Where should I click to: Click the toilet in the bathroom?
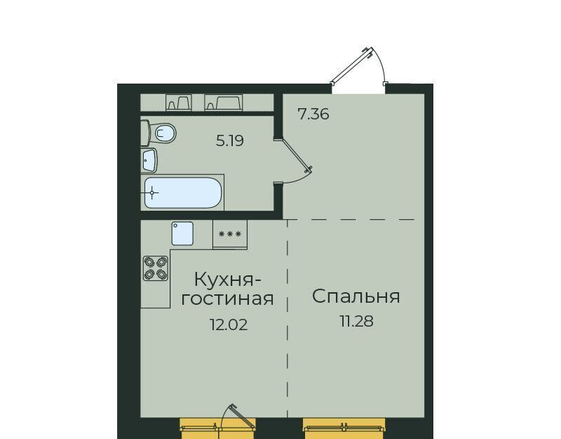tap(158, 133)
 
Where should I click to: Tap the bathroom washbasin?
tap(149, 160)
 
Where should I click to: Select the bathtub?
tap(182, 192)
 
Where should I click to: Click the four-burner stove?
tap(156, 268)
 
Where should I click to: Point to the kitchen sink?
tap(182, 233)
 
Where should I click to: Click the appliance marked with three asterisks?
tap(230, 234)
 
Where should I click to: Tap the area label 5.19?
tap(230, 141)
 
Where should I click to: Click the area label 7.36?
tap(313, 114)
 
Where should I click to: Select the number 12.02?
tap(229, 325)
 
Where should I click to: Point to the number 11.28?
tap(356, 322)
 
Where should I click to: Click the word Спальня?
tap(356, 296)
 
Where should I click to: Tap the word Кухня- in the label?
tap(227, 280)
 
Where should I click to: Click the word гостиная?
tap(227, 299)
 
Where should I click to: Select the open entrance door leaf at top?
tap(352, 65)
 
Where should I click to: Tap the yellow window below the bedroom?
tap(345, 428)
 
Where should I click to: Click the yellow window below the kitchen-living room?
tap(218, 428)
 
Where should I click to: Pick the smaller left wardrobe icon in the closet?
tap(179, 103)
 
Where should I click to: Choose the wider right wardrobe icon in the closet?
tap(224, 103)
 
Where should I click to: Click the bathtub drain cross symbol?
tap(152, 192)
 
